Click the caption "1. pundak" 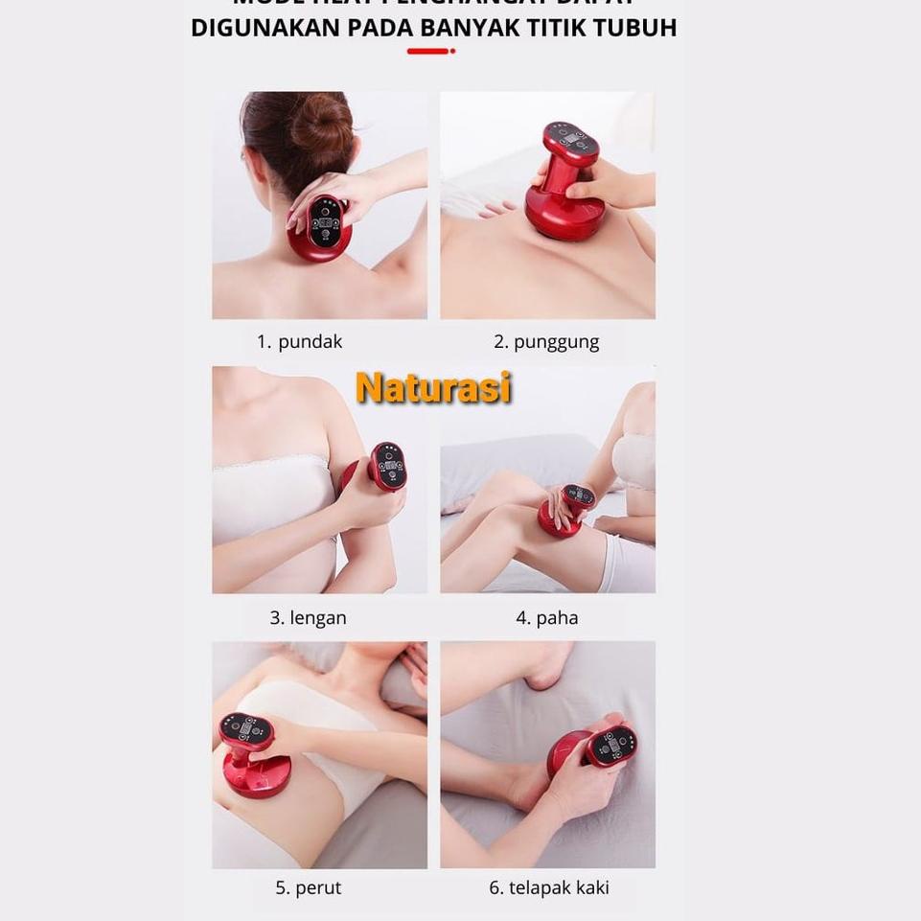[299, 342]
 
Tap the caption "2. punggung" [546, 342]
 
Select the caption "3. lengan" [308, 618]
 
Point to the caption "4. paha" [547, 618]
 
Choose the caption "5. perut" [308, 888]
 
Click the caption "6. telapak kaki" [548, 888]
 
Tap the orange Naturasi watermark [433, 388]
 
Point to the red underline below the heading [430, 51]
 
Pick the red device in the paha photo [565, 508]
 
